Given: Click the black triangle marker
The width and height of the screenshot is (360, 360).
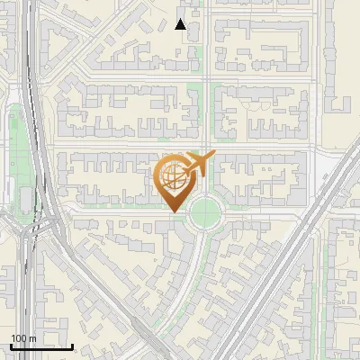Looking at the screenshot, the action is (x=181, y=24).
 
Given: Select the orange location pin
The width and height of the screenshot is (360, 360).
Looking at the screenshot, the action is (x=173, y=182).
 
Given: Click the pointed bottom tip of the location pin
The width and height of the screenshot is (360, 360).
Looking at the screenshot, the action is (x=173, y=211).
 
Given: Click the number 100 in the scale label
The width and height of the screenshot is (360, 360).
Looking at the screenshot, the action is (x=19, y=338).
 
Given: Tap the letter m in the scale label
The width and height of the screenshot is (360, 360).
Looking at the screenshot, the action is (x=32, y=338).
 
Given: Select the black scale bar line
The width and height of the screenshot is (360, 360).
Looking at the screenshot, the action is (x=41, y=346).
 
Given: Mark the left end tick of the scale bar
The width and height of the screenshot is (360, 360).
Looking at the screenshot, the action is (x=10, y=346).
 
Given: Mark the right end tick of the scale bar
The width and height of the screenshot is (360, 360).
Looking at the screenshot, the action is (x=73, y=346).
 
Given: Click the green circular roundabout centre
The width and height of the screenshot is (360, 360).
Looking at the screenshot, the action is (x=206, y=212).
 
